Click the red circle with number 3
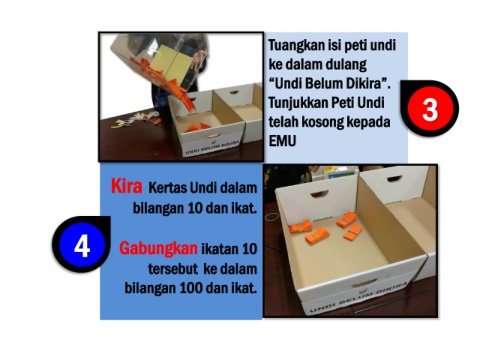(x=430, y=109)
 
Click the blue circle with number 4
(x=82, y=246)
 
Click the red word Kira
(x=127, y=186)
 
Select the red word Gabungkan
(x=158, y=248)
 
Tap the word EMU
(x=282, y=141)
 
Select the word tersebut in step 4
(x=173, y=269)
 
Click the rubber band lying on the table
(x=273, y=217)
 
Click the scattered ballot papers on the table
(x=136, y=120)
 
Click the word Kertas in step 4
(x=167, y=188)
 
